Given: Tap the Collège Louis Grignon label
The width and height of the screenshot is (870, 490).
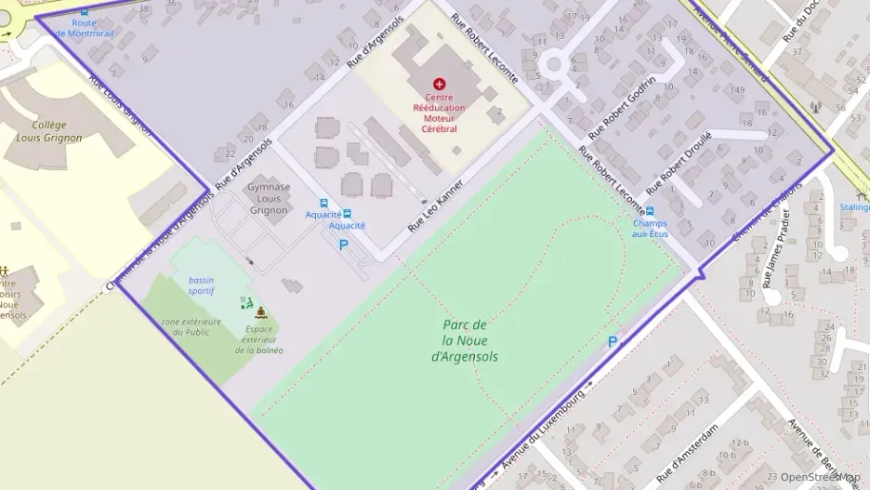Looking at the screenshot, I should point(49,131).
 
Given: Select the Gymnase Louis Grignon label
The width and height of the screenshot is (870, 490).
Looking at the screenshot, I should point(269,198).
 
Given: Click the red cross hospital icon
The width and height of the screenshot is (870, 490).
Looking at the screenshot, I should point(440,85).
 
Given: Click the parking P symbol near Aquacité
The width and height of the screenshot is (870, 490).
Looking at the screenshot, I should point(343,245).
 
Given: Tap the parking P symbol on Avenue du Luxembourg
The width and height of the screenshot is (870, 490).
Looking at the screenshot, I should point(612,342).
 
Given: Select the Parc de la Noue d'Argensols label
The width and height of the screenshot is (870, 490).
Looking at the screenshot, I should point(465,340).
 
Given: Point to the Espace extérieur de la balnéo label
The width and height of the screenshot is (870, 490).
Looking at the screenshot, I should point(258,339).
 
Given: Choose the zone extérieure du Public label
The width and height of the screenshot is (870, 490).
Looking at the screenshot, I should point(191,327).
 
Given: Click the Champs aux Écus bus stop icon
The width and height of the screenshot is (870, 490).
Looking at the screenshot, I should point(650,211).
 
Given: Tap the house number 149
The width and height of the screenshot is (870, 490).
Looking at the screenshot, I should point(739,89).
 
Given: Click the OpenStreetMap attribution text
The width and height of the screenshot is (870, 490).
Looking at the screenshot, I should point(820,477).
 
